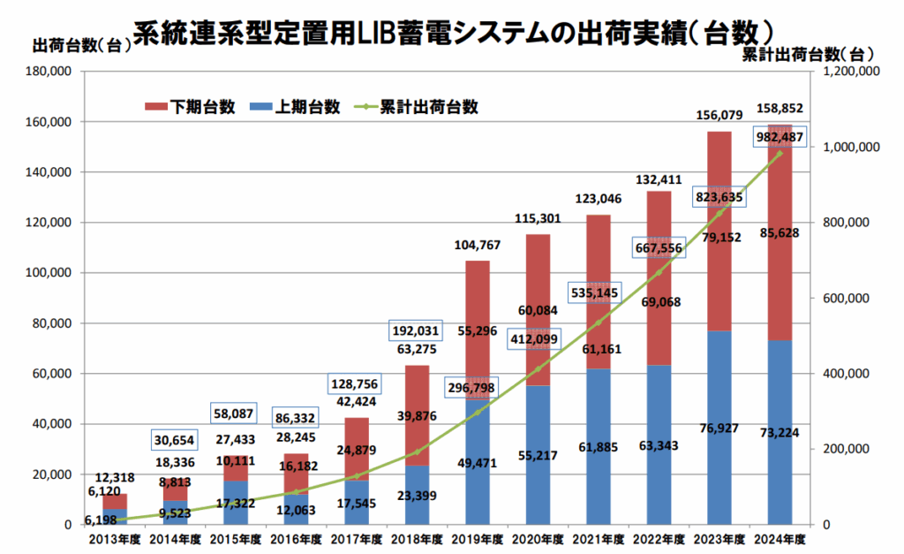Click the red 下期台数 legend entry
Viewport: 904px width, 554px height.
tap(190, 107)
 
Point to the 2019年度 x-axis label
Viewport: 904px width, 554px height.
tap(477, 537)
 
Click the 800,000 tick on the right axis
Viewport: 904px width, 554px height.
tap(845, 223)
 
